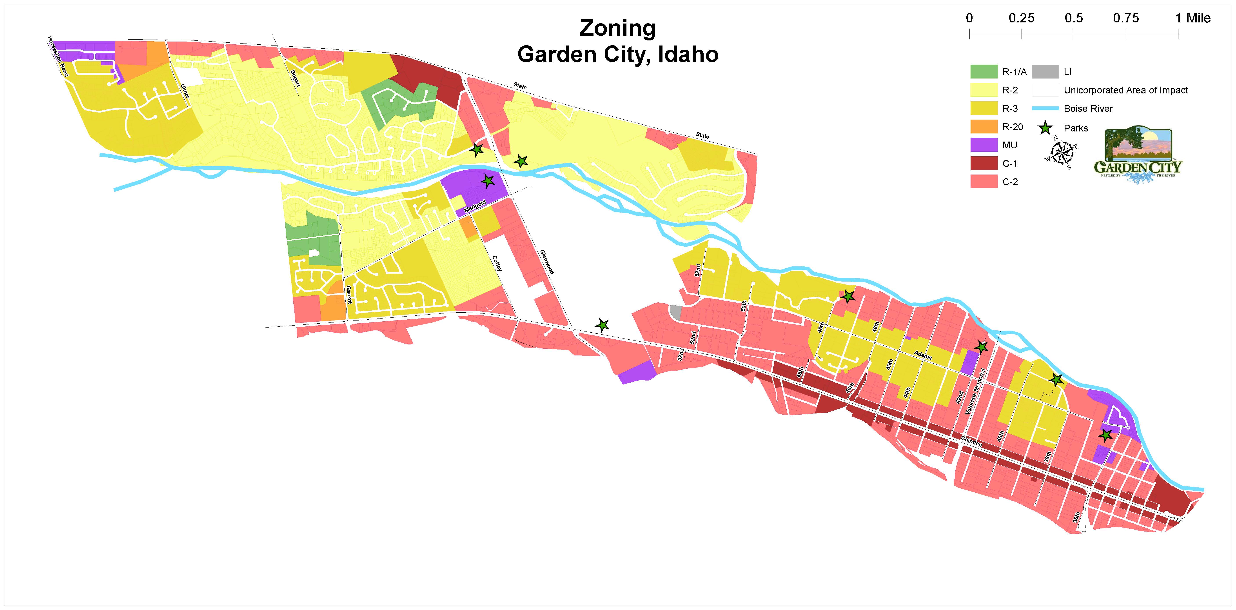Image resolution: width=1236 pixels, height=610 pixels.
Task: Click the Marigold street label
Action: [475, 206]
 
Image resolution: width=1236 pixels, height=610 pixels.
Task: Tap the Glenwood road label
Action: [546, 262]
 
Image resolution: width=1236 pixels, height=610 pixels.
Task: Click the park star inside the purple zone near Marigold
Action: [488, 181]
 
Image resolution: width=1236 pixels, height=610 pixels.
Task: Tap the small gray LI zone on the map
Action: [676, 312]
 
